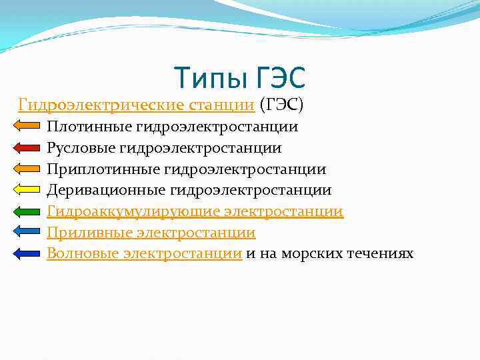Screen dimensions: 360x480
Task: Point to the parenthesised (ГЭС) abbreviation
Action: coord(281,105)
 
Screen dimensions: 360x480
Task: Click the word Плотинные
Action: coord(89,126)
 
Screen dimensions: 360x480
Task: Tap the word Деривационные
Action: coord(106,190)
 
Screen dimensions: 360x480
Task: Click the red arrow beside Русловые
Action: coord(27,147)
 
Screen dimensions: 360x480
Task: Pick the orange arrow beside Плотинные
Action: coord(27,125)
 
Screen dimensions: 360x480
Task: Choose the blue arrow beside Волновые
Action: coord(27,253)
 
